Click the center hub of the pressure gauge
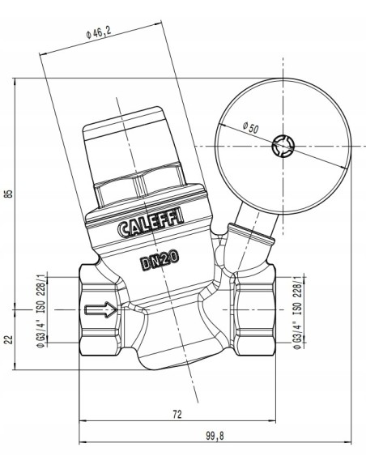[x=286, y=146]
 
